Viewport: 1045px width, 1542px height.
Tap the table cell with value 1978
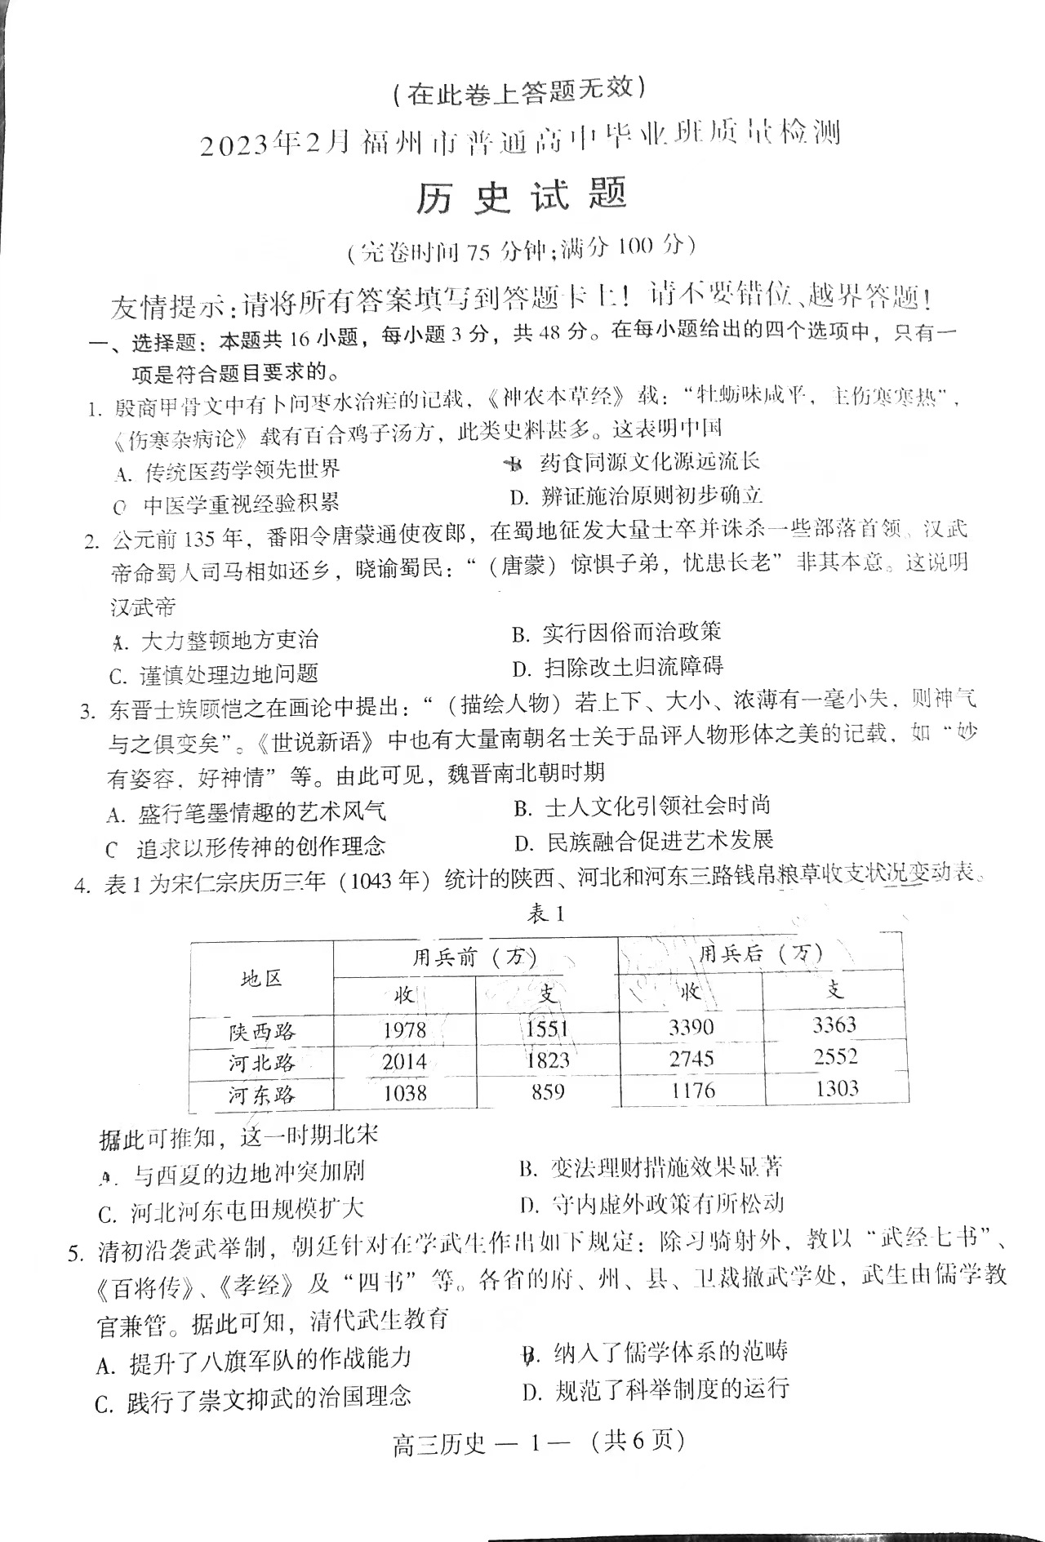click(405, 1030)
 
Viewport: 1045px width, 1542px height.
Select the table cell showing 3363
click(834, 1024)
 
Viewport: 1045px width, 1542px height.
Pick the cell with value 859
click(547, 1091)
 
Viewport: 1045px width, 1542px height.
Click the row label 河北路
click(261, 1063)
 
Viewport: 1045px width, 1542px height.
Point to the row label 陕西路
click(261, 1032)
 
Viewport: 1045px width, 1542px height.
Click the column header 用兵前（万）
click(474, 957)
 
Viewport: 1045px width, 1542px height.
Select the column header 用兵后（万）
click(760, 953)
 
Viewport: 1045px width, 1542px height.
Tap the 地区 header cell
click(261, 978)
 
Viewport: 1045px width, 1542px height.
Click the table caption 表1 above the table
click(545, 914)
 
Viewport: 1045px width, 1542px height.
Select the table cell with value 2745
click(691, 1059)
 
